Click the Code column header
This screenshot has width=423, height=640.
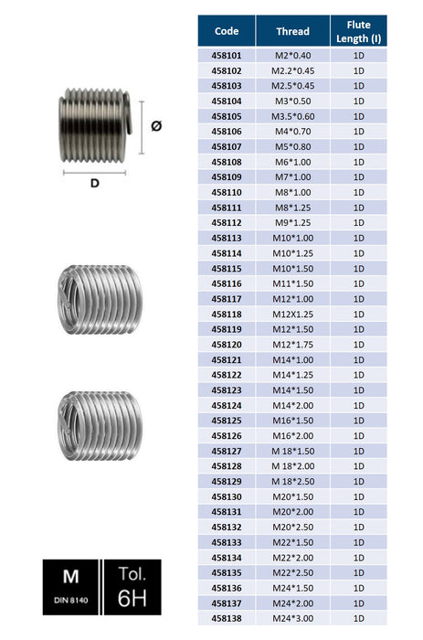point(227,31)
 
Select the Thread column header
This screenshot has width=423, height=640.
point(293,31)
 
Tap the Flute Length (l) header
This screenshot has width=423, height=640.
point(358,31)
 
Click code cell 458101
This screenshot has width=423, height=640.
point(227,56)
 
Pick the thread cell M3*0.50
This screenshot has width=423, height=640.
point(293,101)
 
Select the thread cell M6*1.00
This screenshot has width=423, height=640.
point(293,162)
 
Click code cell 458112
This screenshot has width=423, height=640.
point(227,223)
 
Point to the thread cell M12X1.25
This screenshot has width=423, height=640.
point(293,315)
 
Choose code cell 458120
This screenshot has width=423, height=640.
point(227,345)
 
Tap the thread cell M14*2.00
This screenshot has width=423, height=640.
point(293,406)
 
